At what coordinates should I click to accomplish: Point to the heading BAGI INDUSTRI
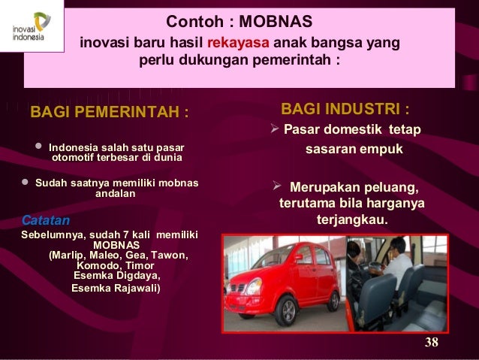(x=345, y=109)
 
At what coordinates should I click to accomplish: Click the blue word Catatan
(x=45, y=221)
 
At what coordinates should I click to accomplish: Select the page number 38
(x=431, y=343)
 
